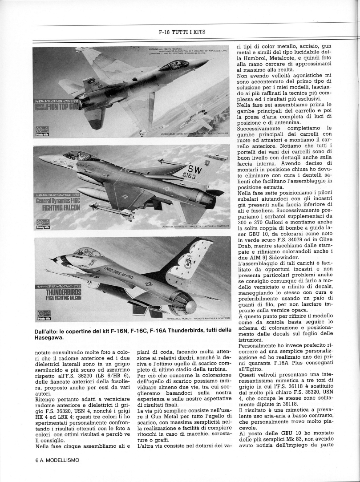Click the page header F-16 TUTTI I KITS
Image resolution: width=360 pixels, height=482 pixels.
point(182,32)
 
